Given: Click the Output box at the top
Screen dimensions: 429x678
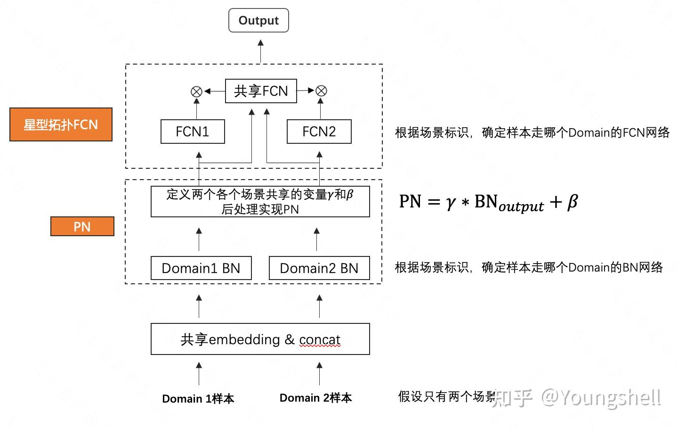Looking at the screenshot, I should (x=258, y=21).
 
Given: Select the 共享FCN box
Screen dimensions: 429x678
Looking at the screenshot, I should (x=261, y=91).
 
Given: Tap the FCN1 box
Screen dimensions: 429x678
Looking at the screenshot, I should (x=193, y=132).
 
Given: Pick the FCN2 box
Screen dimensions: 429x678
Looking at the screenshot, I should (x=319, y=132).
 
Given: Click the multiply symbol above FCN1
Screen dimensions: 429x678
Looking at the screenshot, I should (x=196, y=91).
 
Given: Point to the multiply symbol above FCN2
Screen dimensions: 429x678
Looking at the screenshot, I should (x=321, y=91).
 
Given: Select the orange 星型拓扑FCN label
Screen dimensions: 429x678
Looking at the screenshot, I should (x=61, y=124).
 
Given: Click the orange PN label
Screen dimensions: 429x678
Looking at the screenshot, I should (x=82, y=227).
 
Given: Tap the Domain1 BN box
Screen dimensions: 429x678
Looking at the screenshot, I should (x=201, y=268).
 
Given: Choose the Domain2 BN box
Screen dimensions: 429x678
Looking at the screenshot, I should (x=319, y=268).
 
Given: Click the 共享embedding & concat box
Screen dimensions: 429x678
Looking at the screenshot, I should (x=260, y=339).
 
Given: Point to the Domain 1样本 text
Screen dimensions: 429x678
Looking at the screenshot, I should (x=198, y=399).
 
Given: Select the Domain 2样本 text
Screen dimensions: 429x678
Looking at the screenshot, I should (x=315, y=398).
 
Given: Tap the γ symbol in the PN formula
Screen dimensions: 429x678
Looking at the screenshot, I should (x=451, y=203).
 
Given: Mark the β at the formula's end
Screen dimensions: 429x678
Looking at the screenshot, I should (x=572, y=202).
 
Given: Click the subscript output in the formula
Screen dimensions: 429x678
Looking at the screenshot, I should (x=521, y=206).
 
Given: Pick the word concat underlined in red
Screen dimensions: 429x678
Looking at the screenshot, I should (x=320, y=340).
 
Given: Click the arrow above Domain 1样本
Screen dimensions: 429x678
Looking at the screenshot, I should (x=199, y=373).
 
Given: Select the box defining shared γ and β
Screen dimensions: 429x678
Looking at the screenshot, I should (x=260, y=202).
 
